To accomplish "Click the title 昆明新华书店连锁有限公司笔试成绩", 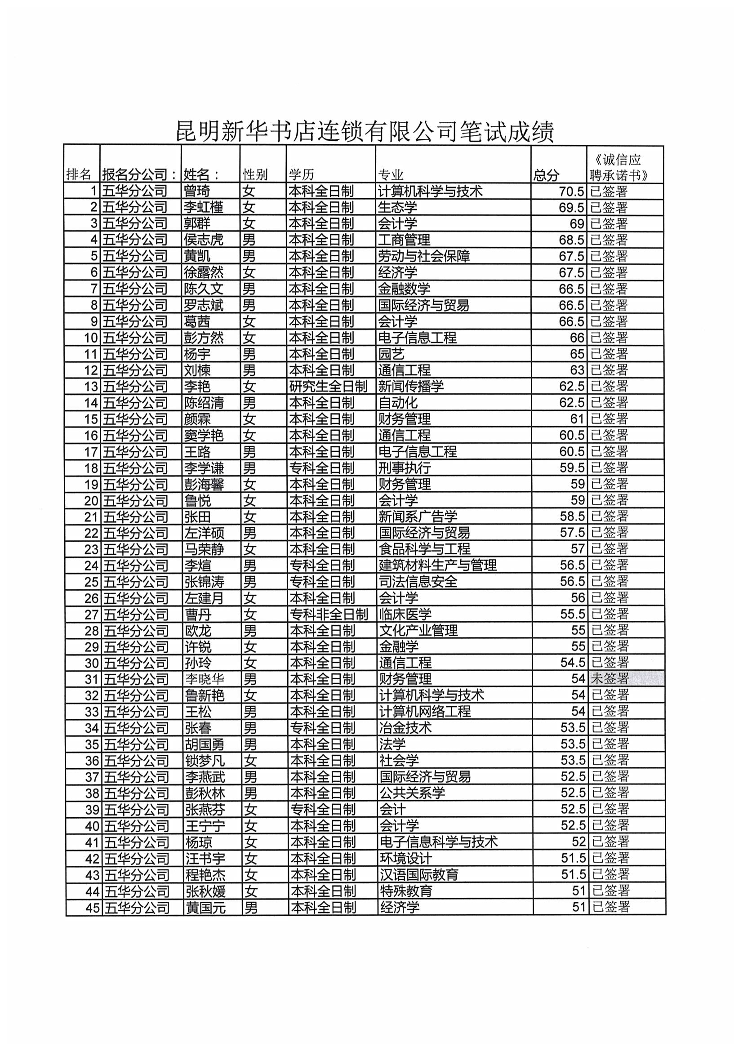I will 365,131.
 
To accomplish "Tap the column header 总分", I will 546,175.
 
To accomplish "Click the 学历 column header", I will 301,175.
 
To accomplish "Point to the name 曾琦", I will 197,191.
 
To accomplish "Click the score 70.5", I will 571,191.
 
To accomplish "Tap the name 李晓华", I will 205,679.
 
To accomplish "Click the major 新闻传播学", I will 411,386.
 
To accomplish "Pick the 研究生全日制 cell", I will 328,386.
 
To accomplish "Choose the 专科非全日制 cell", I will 329,615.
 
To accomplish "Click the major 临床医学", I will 405,615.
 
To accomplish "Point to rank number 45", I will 93,908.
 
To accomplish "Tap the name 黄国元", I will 205,908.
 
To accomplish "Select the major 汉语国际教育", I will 419,875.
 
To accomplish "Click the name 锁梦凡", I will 205,761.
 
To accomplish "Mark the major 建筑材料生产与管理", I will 438,566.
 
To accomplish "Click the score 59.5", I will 572,468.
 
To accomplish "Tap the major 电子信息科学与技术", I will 439,842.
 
